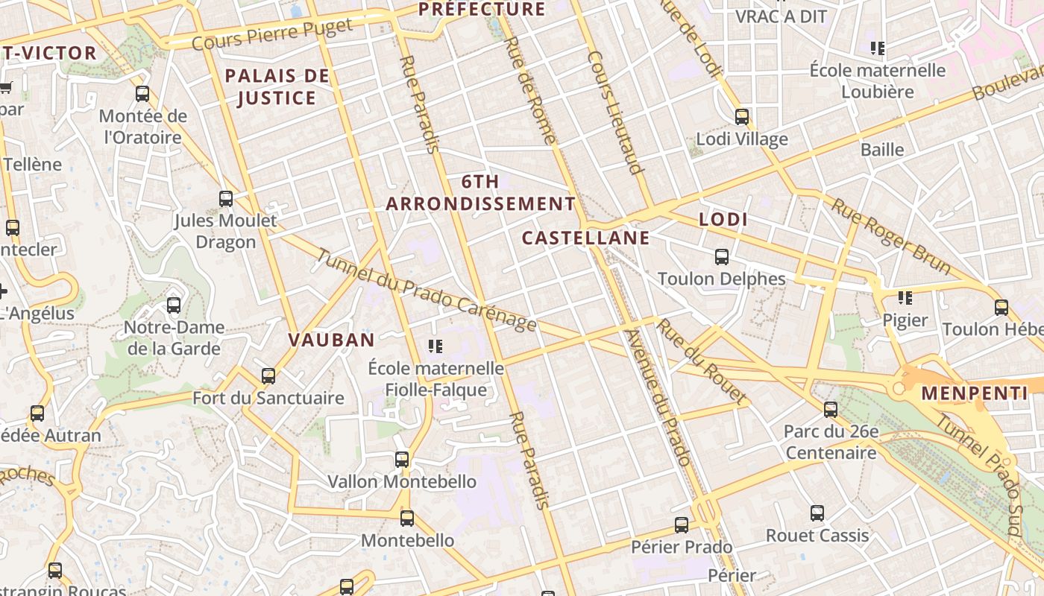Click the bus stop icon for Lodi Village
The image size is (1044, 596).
741,117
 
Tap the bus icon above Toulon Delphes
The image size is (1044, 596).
721,257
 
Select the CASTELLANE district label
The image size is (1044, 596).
585,238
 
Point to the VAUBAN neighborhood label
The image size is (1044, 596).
331,340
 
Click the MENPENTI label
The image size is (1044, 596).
974,393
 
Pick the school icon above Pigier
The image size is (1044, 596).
905,298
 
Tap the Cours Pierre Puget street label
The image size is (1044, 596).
272,35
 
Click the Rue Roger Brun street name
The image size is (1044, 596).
891,236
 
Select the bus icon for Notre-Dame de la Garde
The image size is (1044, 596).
174,305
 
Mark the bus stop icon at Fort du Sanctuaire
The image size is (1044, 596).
268,376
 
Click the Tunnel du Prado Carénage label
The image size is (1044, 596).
426,290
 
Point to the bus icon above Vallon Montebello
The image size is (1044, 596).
402,460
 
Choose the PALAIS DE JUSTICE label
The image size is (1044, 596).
277,87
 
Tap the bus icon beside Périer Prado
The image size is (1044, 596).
682,525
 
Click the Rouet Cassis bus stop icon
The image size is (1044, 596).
817,513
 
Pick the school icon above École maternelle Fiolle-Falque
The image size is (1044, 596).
435,346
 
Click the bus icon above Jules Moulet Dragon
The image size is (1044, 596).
226,199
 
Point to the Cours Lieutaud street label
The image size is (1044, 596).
615,112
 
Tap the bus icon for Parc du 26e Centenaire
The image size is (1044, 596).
831,409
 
